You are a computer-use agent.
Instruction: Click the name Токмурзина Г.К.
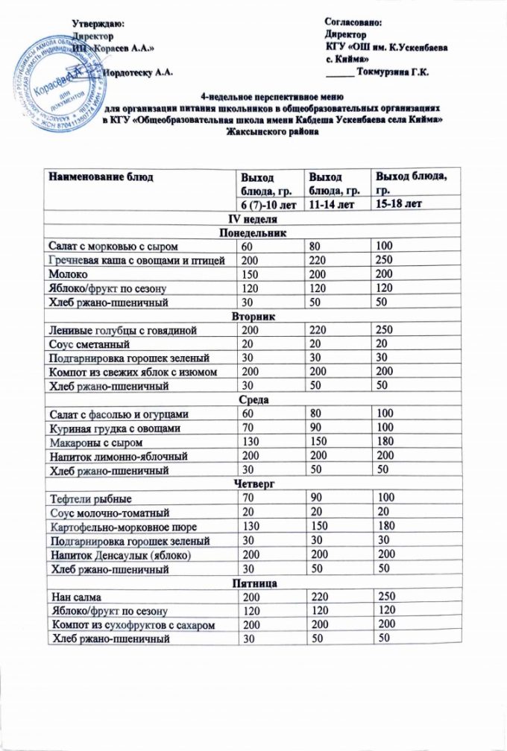(395, 72)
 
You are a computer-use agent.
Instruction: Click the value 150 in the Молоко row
(250, 274)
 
